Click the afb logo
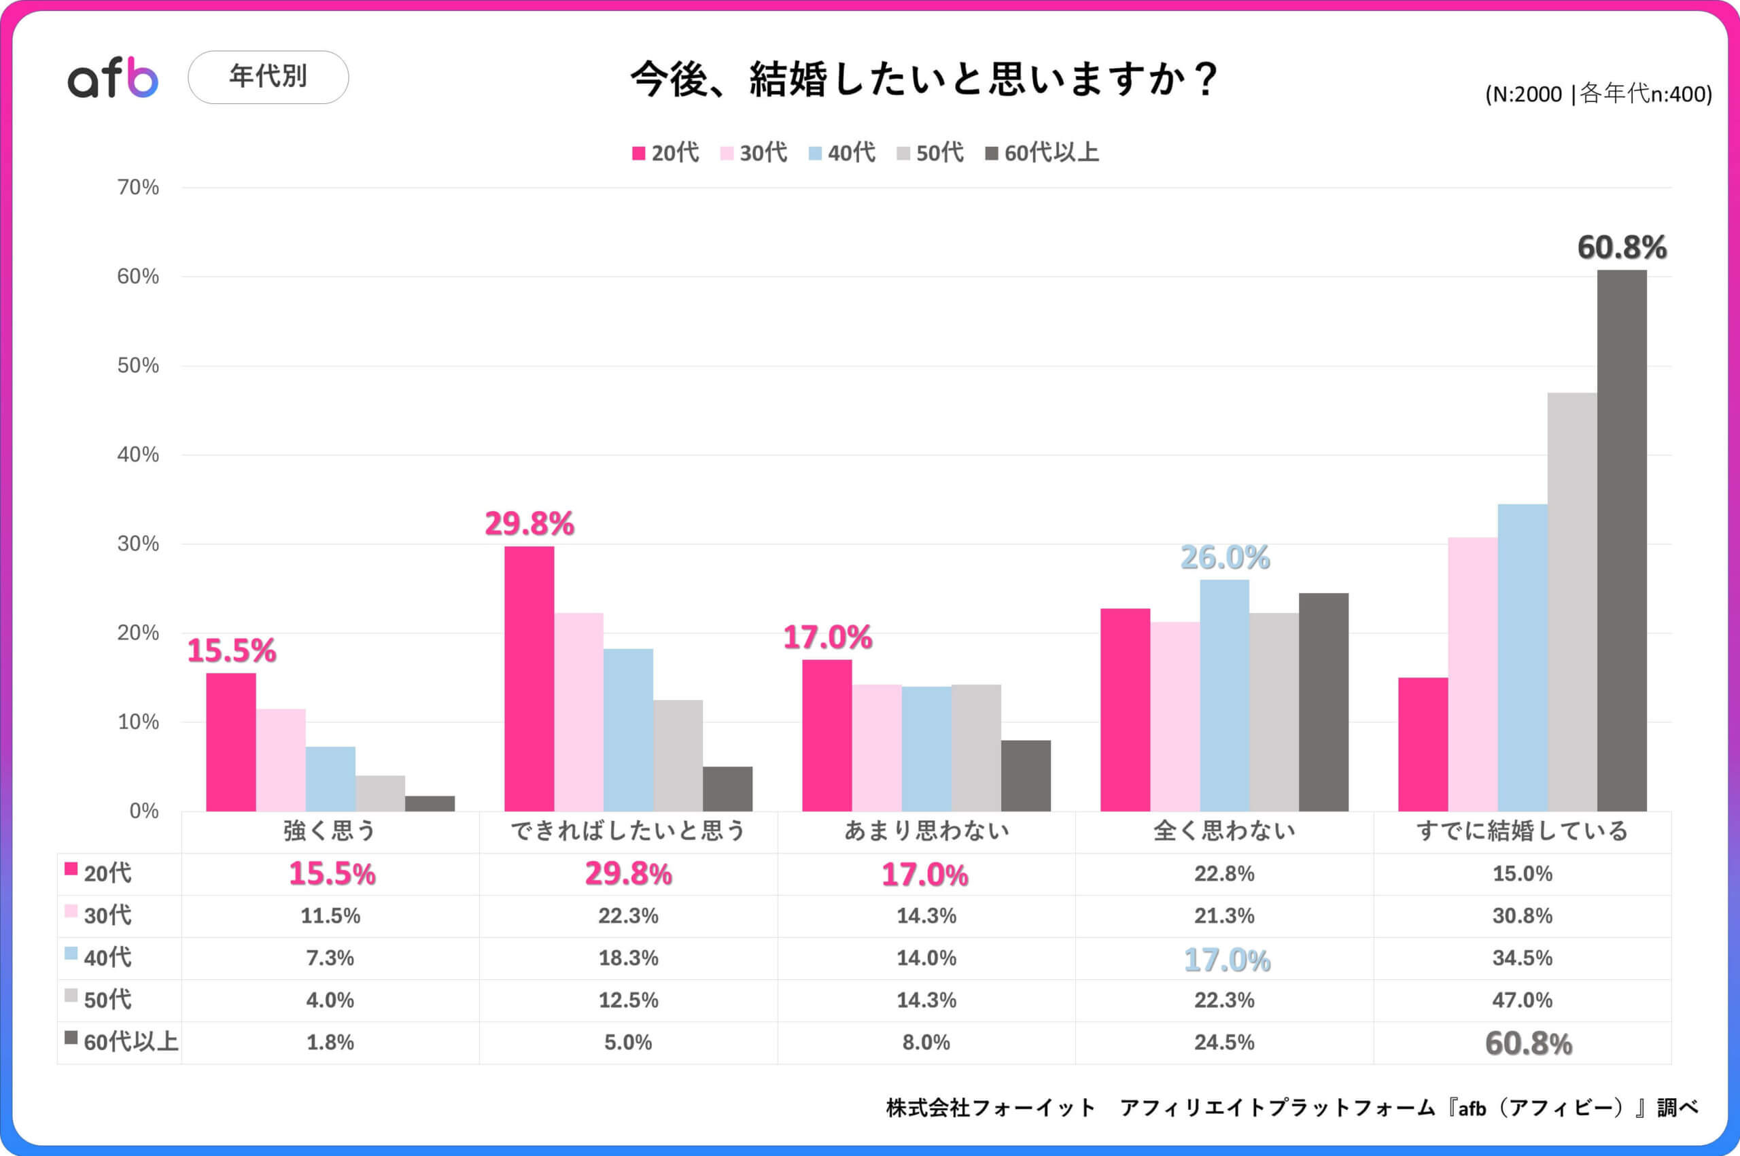[113, 77]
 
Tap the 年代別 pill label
[268, 77]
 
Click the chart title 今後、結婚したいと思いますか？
[924, 80]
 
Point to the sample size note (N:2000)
[1598, 94]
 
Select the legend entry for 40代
[842, 153]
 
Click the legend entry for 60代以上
[1042, 153]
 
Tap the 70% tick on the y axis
[138, 188]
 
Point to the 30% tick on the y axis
[138, 544]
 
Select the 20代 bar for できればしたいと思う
[529, 678]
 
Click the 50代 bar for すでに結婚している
[1572, 601]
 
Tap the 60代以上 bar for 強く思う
[430, 803]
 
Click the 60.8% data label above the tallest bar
[1621, 247]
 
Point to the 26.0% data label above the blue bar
[1225, 557]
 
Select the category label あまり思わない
[926, 831]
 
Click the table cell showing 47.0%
[1522, 1000]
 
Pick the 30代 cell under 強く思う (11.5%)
[330, 915]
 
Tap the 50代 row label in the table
[107, 1000]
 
